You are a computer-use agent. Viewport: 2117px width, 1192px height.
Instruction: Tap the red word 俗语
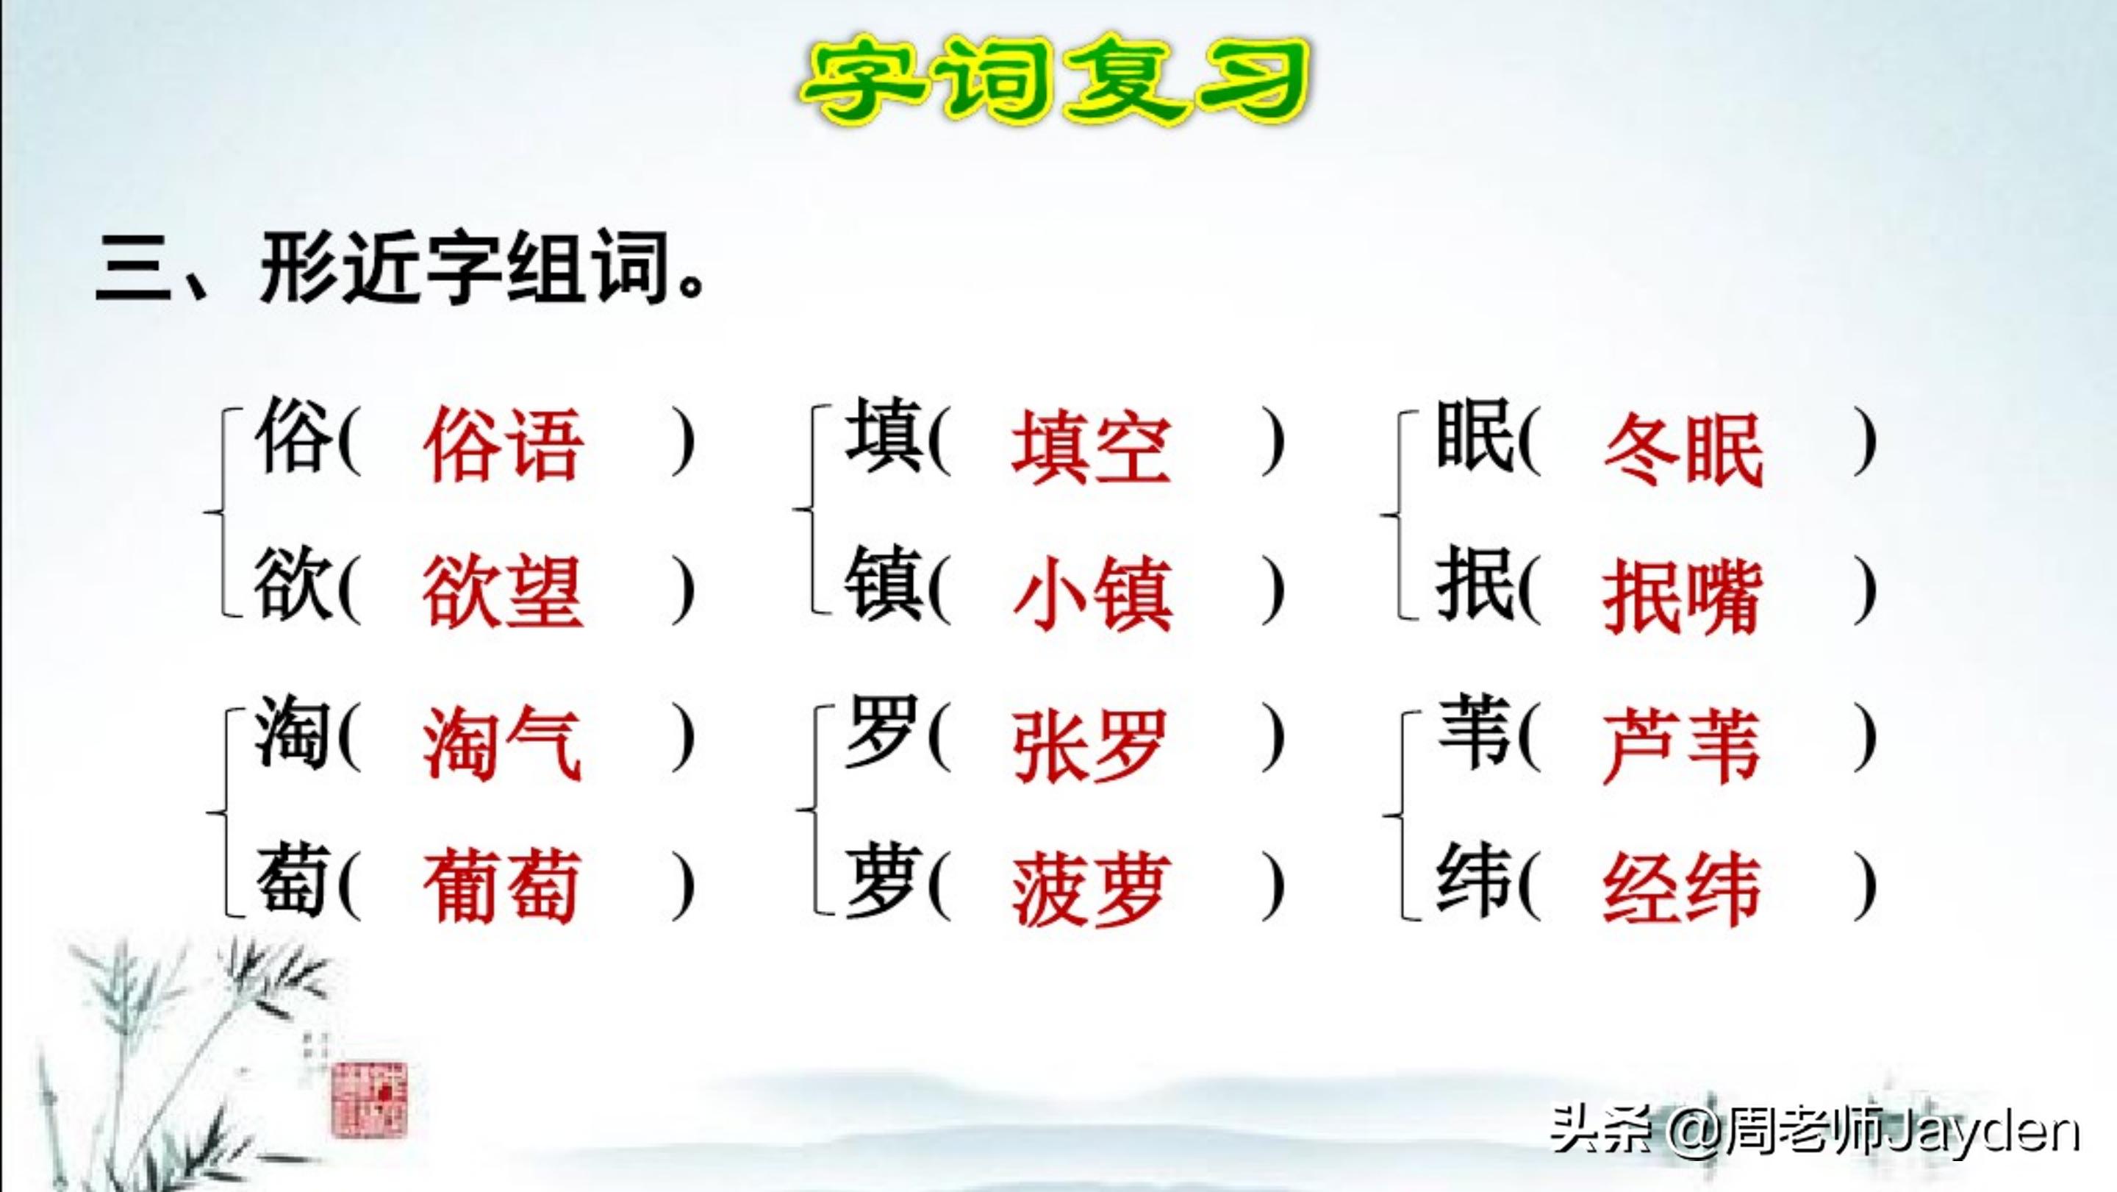coord(503,445)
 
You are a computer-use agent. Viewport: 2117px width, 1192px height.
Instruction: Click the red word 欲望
coord(503,592)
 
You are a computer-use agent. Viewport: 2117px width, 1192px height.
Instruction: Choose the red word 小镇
coord(1092,593)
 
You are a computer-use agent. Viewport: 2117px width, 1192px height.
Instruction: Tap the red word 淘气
coord(502,744)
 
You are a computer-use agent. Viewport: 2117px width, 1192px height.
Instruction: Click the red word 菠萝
coord(1092,891)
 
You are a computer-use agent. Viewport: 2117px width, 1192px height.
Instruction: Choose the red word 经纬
coord(1681,891)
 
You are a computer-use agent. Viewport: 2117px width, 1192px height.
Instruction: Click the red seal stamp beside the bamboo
coord(369,1099)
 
